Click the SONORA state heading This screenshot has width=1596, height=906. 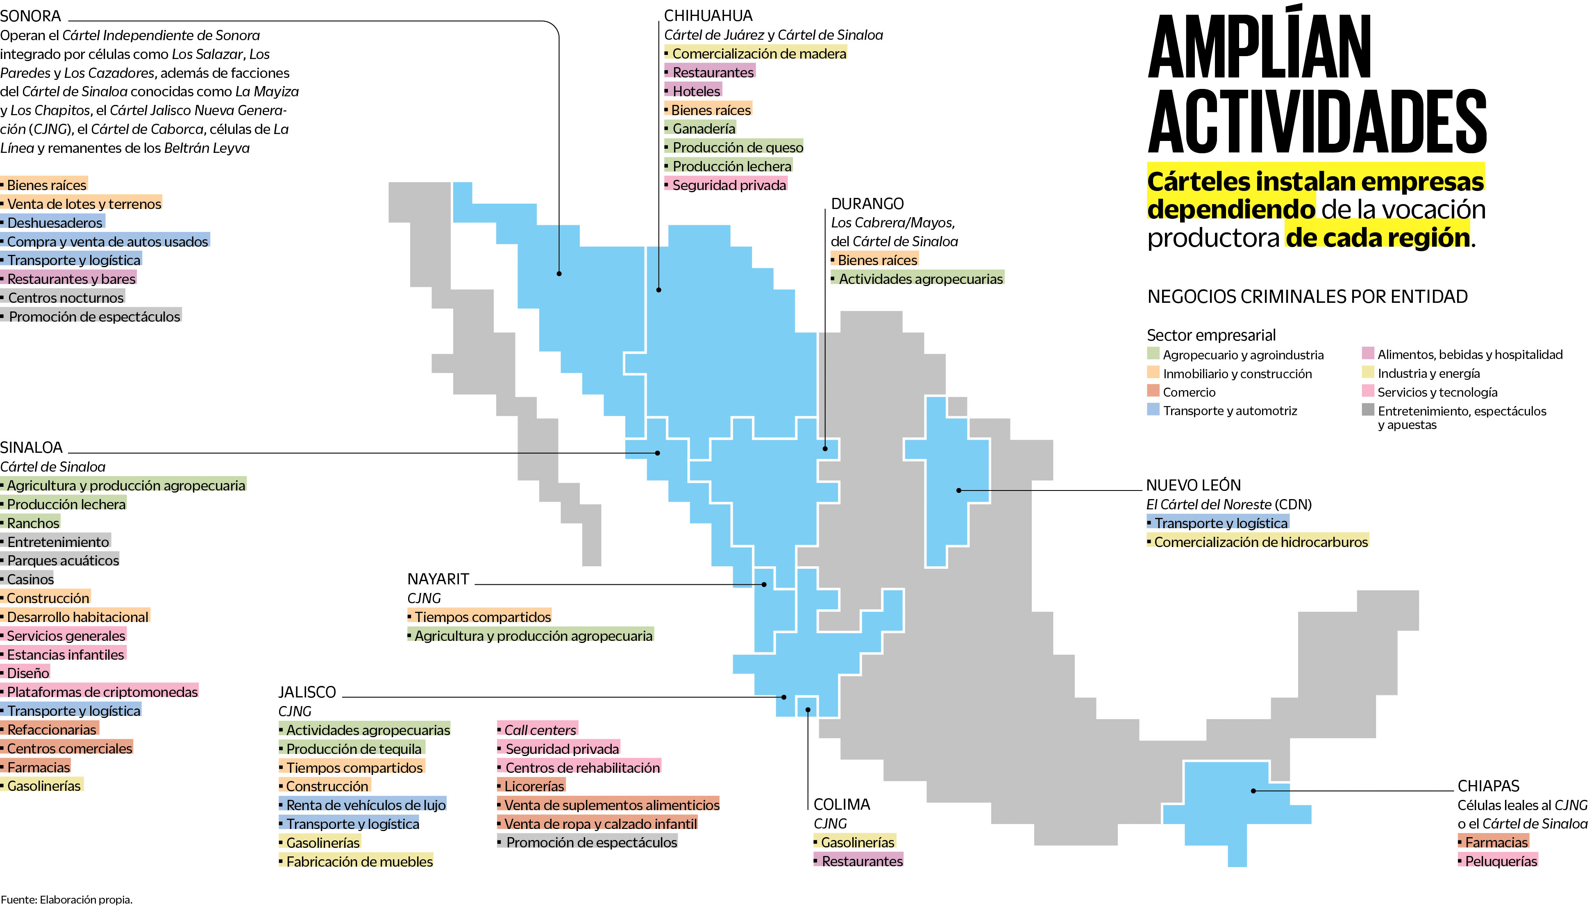pos(30,16)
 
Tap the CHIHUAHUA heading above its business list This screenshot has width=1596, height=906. pos(708,16)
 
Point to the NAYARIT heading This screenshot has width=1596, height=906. pos(438,579)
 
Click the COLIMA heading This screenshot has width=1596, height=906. pos(842,804)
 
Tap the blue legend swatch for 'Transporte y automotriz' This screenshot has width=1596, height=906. pos(1153,409)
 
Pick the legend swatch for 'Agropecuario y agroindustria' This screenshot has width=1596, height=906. pos(1153,354)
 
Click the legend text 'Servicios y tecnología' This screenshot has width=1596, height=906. pos(1437,393)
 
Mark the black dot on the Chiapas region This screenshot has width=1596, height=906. pos(1254,791)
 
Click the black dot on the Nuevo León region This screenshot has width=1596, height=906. pos(959,490)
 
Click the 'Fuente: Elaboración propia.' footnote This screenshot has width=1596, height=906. pos(66,899)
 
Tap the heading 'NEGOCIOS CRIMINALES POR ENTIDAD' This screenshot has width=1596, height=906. pos(1307,297)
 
